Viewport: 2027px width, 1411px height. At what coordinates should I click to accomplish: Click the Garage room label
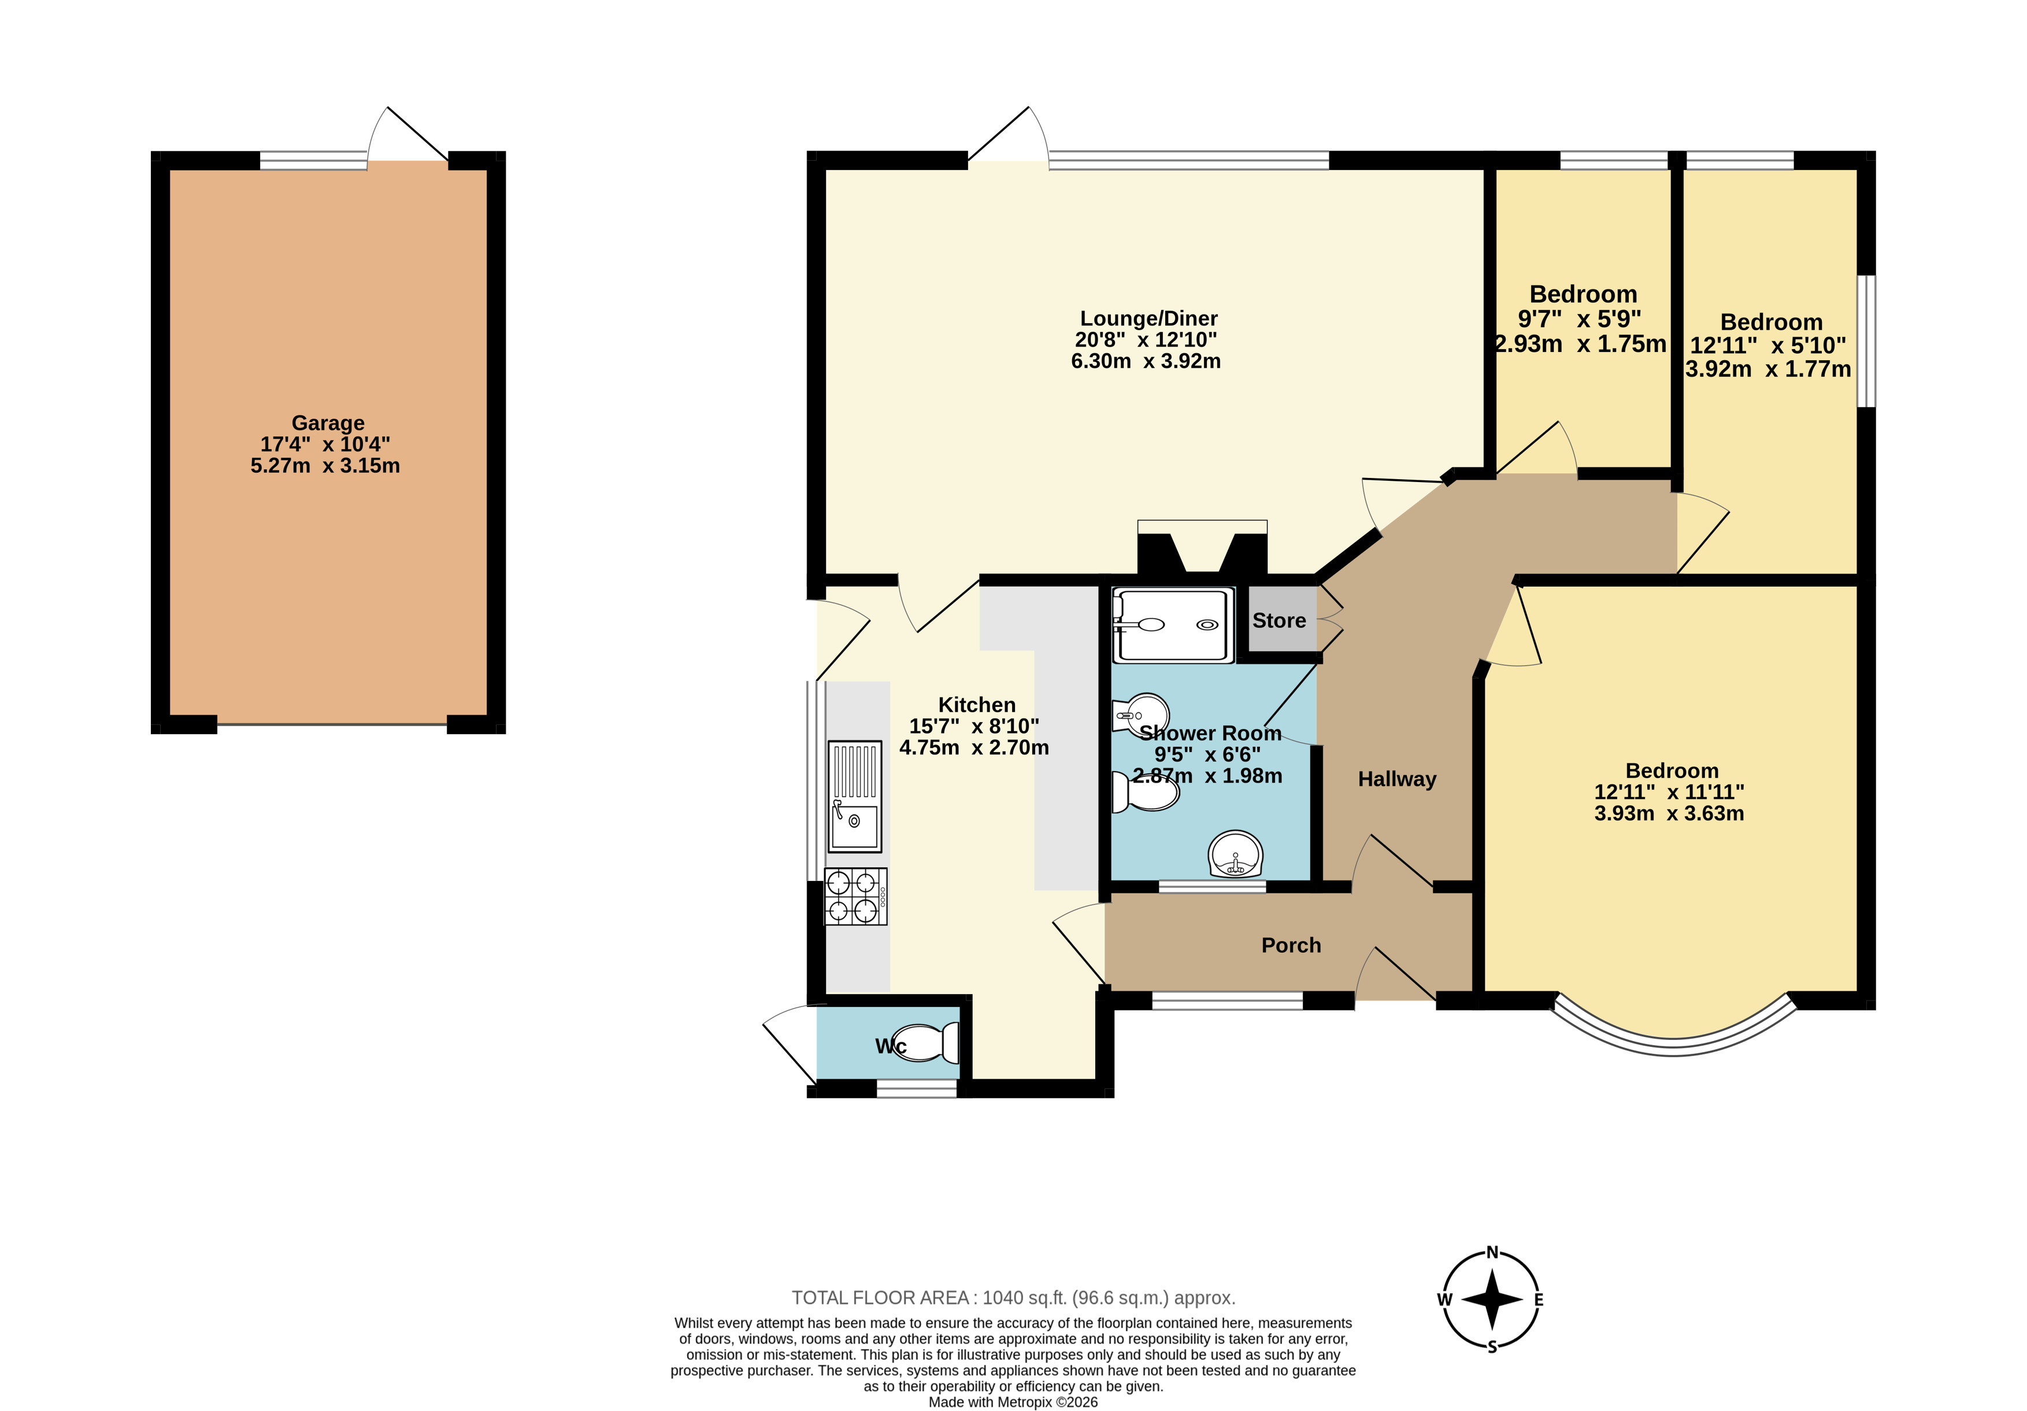pos(328,423)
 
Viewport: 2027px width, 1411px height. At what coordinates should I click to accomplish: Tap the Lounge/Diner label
pos(1148,319)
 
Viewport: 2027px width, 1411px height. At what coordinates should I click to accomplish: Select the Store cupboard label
pos(1279,621)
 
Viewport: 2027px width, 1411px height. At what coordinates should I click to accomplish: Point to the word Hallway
pos(1396,779)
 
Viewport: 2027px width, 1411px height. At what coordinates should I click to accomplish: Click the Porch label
pos(1291,946)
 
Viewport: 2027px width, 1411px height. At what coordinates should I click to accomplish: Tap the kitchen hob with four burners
pos(855,896)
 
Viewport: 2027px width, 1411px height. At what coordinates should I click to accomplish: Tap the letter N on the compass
pos(1492,1252)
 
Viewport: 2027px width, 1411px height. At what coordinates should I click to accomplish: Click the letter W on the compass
pos(1444,1300)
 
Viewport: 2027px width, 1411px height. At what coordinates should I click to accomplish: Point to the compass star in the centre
pos(1492,1300)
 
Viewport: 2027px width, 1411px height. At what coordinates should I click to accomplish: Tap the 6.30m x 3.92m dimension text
pos(1146,361)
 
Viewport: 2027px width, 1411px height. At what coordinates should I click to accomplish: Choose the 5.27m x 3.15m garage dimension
pos(325,465)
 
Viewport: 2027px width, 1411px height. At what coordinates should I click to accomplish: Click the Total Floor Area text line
pos(1014,1298)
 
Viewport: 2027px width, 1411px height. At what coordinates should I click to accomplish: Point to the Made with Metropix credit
pos(1014,1402)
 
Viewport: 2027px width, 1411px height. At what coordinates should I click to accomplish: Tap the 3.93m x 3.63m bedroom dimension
pos(1669,813)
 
